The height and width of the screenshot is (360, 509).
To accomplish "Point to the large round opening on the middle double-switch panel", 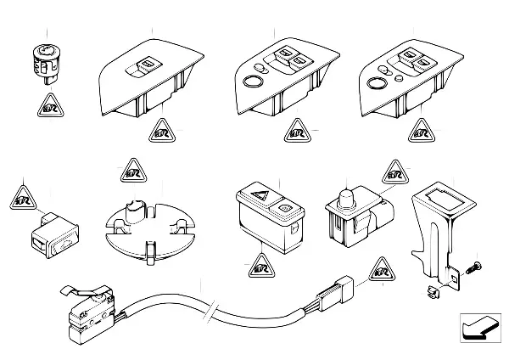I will (x=252, y=82).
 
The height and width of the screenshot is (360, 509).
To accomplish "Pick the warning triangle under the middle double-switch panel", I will (x=296, y=132).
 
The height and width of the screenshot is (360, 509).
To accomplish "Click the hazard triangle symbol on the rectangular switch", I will (x=258, y=201).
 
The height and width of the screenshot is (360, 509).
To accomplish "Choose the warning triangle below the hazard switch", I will (x=258, y=270).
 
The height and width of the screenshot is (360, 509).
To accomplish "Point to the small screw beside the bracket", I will (x=474, y=267).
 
